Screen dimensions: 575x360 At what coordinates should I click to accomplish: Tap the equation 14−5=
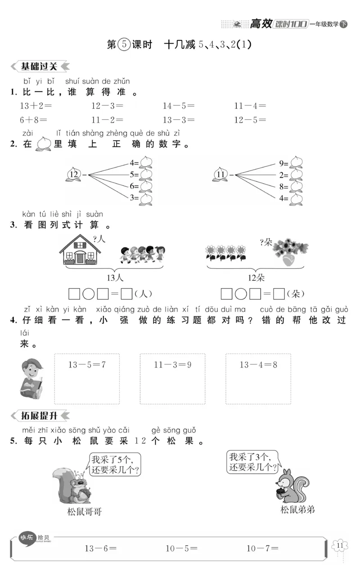point(179,106)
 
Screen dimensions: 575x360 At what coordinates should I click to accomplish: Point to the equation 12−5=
point(250,120)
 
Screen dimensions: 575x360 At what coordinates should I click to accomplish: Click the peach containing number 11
point(221,175)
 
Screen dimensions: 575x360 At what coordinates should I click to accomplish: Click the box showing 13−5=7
point(87,378)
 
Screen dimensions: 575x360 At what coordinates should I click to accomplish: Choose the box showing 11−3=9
point(172,378)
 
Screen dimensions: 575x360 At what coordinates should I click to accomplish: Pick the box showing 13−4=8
point(258,378)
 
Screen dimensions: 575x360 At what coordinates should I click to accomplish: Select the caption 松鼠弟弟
point(297,509)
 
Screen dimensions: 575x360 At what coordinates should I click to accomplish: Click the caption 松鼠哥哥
point(85,512)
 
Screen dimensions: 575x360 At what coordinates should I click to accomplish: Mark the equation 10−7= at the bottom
point(262,548)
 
